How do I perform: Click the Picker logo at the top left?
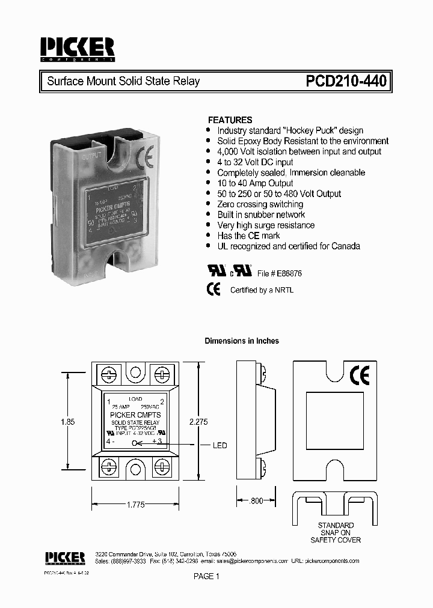click(77, 49)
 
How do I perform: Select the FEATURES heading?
click(230, 120)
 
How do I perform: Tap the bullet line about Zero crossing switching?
click(260, 204)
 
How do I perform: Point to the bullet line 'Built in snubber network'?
click(261, 214)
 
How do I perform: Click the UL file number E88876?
click(287, 273)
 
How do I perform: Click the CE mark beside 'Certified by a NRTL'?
click(213, 289)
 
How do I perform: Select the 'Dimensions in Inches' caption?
click(242, 341)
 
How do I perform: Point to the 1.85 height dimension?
click(68, 422)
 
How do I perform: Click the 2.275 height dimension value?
click(198, 422)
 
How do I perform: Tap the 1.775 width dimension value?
click(136, 505)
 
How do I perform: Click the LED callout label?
click(220, 445)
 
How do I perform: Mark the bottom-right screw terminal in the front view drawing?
click(162, 467)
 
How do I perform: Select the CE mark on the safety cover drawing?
click(360, 375)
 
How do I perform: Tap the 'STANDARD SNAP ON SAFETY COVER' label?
click(336, 532)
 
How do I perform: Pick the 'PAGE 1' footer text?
click(207, 577)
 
